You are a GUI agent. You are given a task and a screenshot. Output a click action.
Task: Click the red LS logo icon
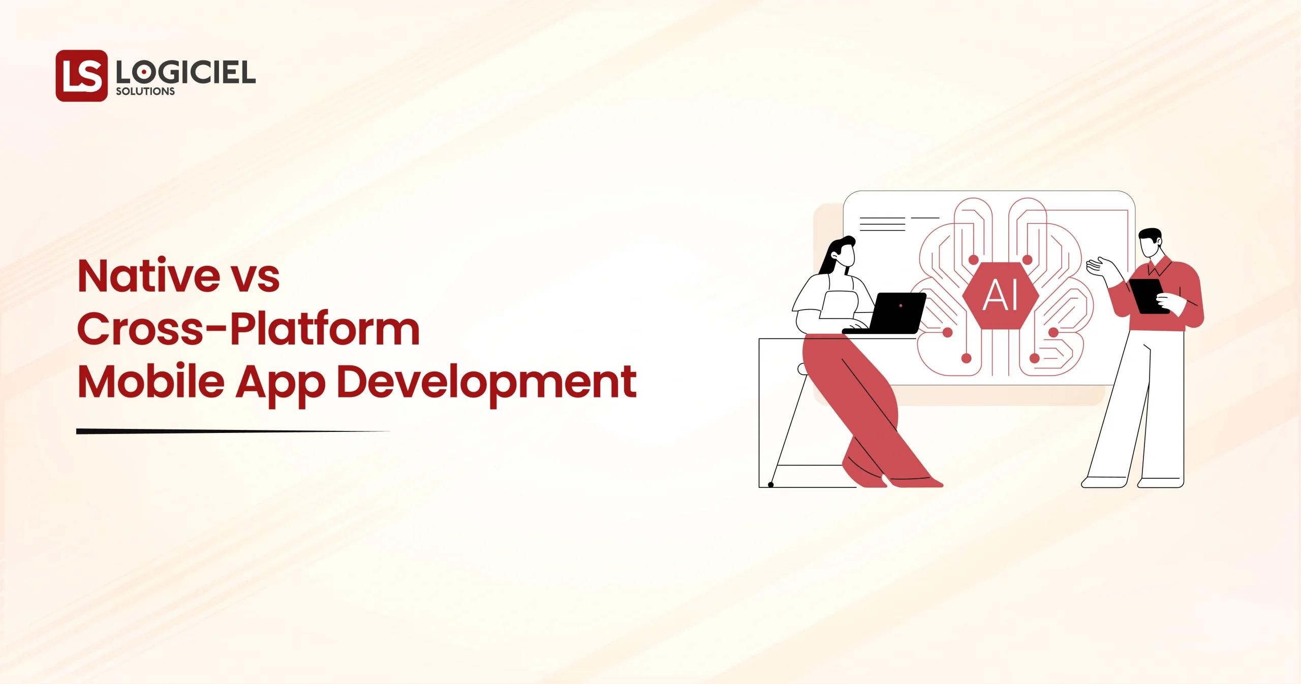[81, 76]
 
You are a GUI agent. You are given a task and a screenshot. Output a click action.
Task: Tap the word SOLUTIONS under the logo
[145, 92]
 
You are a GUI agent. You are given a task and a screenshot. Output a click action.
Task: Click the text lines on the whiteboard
[882, 224]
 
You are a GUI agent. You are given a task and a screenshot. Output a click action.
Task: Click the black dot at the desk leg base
[770, 485]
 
